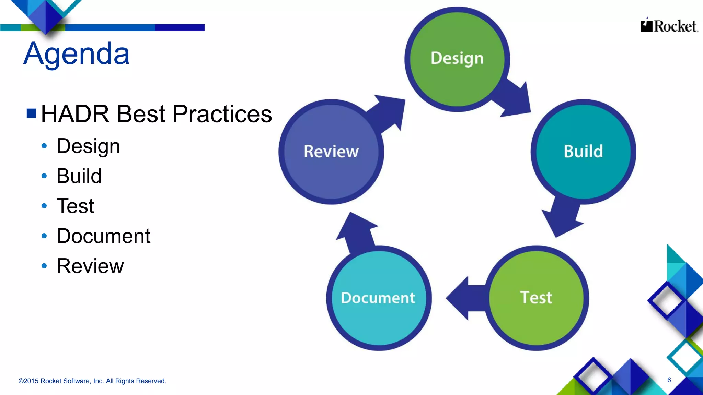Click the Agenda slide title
pyautogui.click(x=77, y=53)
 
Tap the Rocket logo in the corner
pyautogui.click(x=669, y=26)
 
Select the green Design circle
pyautogui.click(x=457, y=59)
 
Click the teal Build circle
pyautogui.click(x=583, y=152)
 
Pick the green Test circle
pyautogui.click(x=536, y=298)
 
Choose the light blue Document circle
pyautogui.click(x=378, y=298)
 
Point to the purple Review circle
pyautogui.click(x=331, y=152)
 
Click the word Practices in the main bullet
pyautogui.click(x=222, y=114)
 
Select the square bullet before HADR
pyautogui.click(x=31, y=113)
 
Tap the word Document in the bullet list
pyautogui.click(x=103, y=236)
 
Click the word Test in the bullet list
pyautogui.click(x=75, y=206)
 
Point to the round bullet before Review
pyautogui.click(x=44, y=266)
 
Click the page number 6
pyautogui.click(x=669, y=380)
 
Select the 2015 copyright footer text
pyautogui.click(x=92, y=381)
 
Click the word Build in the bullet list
pyautogui.click(x=79, y=176)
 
